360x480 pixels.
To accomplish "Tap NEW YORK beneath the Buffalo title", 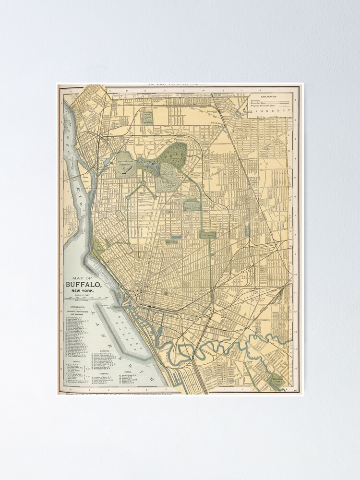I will point(83,291).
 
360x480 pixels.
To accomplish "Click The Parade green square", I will point(208,235).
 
